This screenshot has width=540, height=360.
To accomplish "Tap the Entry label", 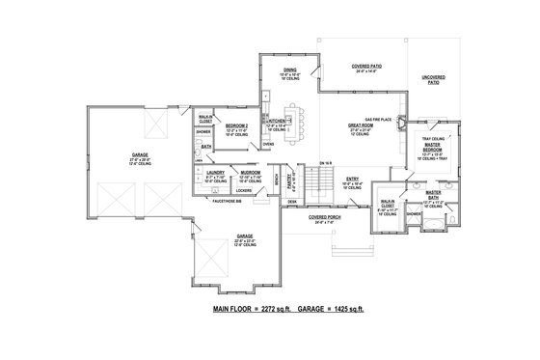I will point(353,178).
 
